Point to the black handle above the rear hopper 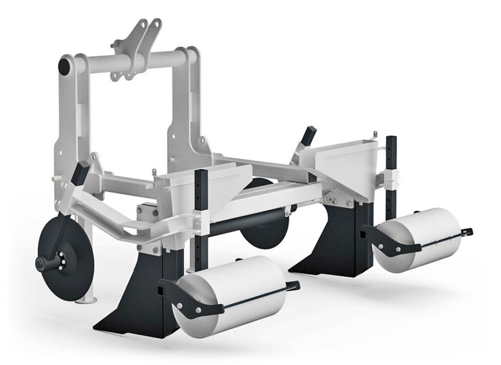[308, 136]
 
